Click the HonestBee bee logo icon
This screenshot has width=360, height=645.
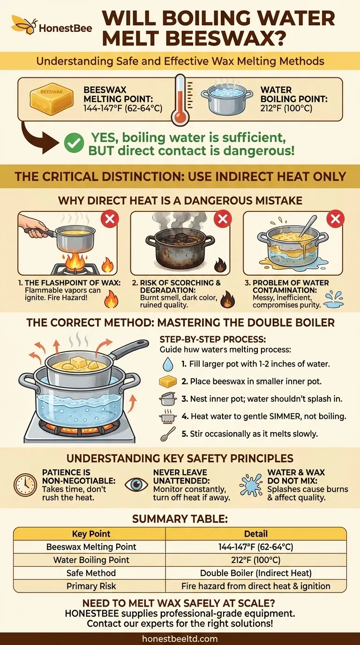(24, 25)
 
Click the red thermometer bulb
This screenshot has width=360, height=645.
(180, 117)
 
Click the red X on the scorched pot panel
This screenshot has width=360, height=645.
(223, 219)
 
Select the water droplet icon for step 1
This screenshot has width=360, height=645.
(167, 364)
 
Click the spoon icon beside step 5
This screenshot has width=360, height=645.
(167, 434)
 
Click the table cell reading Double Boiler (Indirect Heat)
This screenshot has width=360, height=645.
(255, 573)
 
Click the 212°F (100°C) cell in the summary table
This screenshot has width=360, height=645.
(255, 560)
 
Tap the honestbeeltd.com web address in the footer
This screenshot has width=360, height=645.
(180, 638)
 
